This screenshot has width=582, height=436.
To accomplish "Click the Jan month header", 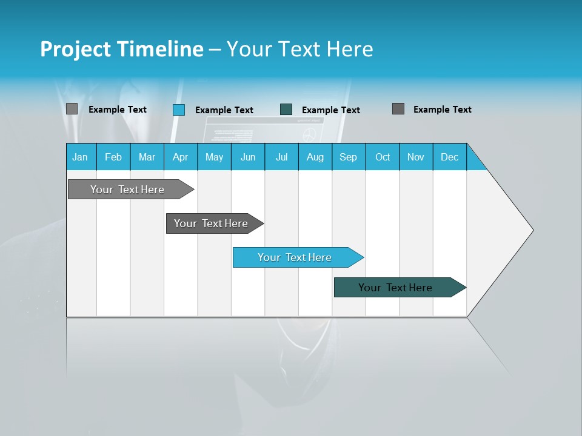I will click(81, 157).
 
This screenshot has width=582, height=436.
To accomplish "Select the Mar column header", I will click(147, 157).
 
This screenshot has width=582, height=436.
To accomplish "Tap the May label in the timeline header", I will click(214, 157).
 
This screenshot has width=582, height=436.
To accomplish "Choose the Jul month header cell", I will click(281, 157).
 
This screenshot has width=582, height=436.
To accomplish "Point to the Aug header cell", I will click(315, 157).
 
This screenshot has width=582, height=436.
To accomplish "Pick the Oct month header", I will click(383, 157).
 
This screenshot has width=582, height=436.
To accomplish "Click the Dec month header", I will click(449, 157).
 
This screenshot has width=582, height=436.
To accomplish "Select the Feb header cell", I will click(113, 157).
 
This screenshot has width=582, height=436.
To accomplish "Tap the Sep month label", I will click(349, 157).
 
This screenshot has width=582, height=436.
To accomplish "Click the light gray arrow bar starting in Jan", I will click(127, 190).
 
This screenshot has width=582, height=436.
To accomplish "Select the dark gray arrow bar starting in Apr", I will click(211, 223).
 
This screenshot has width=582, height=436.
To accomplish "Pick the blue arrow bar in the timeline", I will click(295, 257).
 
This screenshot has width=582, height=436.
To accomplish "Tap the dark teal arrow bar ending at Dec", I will click(395, 288).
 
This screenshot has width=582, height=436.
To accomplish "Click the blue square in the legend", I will click(179, 110).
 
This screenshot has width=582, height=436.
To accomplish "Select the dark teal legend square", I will click(286, 109).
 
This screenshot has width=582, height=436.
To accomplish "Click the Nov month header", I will click(416, 157).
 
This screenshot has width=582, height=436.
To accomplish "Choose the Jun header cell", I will click(248, 157).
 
